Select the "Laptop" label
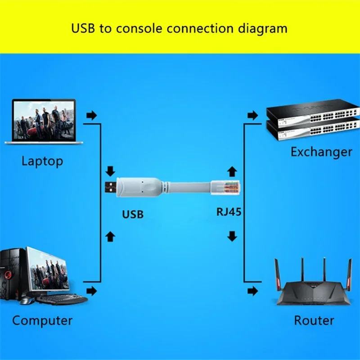pos(42,161)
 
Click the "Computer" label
pos(42,320)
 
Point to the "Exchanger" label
pos(321,152)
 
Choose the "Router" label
pos(314,320)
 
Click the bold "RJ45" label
pos(229,212)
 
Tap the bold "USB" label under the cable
pos(133,214)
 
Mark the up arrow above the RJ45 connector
pos(232,171)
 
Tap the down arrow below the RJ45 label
pos(232,236)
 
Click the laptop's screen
pos(44,119)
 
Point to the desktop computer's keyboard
pos(62,299)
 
